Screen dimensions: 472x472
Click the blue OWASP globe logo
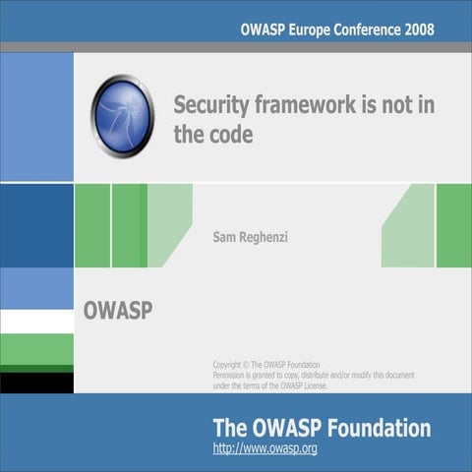tap(122, 116)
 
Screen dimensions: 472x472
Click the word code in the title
tap(231, 135)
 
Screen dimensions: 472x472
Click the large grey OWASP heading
tap(117, 312)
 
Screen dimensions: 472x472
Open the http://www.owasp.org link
tap(265, 448)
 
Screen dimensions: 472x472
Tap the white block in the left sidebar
tap(36, 322)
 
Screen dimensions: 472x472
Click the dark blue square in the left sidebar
tap(36, 225)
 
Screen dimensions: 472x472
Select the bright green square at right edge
tap(453, 225)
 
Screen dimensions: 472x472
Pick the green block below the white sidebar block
tap(36, 349)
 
